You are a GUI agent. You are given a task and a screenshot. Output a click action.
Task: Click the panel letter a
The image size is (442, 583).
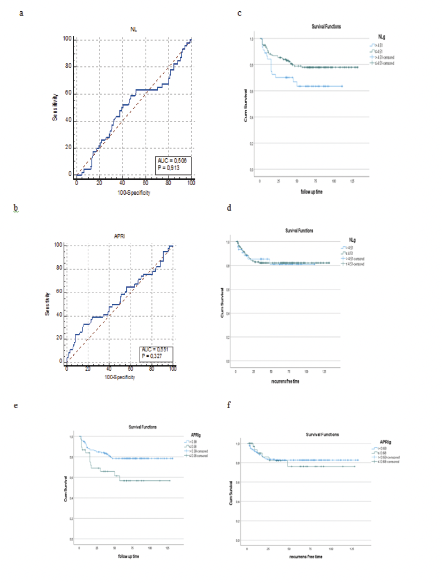pyautogui.click(x=21, y=13)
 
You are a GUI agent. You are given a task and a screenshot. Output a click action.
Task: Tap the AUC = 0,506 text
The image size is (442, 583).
pyautogui.click(x=171, y=160)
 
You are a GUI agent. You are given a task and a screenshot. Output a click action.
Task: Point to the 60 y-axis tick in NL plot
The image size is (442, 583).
pyautogui.click(x=68, y=94)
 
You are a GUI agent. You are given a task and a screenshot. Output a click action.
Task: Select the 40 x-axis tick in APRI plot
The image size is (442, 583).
pyautogui.click(x=109, y=369)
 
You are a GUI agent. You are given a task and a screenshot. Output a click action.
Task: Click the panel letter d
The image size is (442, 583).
pyautogui.click(x=229, y=207)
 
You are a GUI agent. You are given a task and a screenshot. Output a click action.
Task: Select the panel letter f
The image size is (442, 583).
pyautogui.click(x=229, y=405)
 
